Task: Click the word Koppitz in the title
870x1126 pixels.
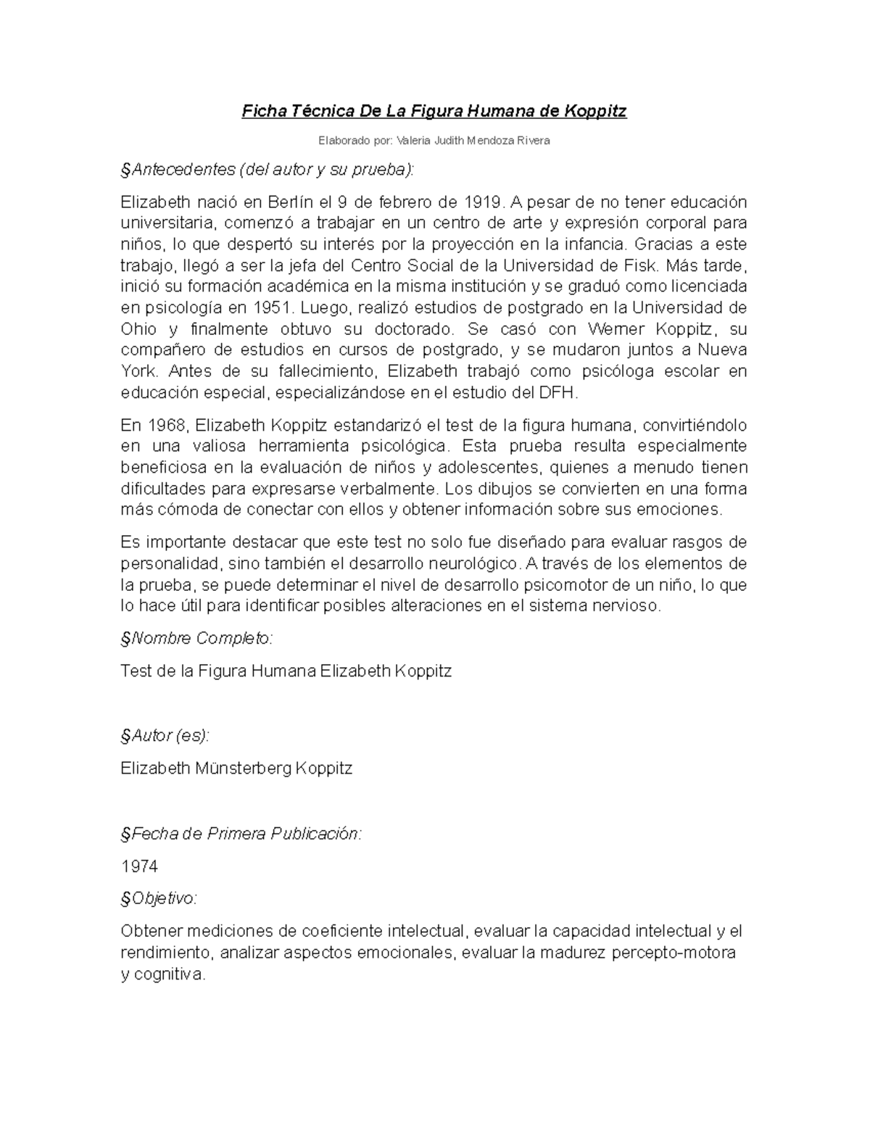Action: pyautogui.click(x=594, y=112)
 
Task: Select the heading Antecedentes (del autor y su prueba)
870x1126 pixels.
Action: pyautogui.click(x=269, y=170)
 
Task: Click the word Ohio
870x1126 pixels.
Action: pyautogui.click(x=138, y=328)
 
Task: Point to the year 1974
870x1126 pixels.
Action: pyautogui.click(x=139, y=866)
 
